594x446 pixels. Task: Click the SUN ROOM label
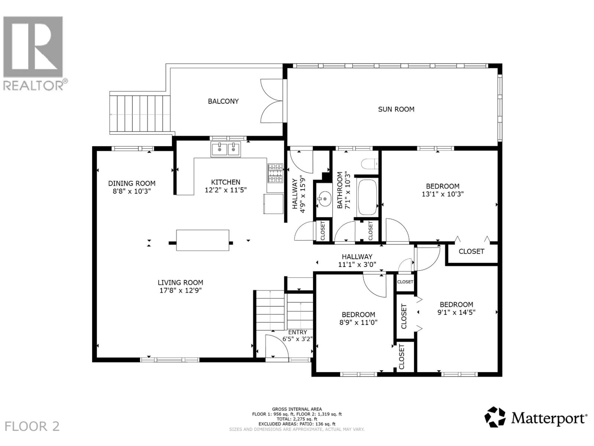(396, 109)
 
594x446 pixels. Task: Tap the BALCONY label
(223, 101)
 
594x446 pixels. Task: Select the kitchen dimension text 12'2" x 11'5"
(226, 190)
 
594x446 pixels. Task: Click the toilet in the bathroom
(369, 164)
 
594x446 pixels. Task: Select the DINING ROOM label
(132, 183)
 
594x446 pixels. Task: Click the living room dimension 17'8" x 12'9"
(181, 290)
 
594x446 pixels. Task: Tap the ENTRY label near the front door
(297, 332)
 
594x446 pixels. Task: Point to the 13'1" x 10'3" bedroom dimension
(443, 194)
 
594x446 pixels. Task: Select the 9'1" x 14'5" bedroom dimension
(456, 312)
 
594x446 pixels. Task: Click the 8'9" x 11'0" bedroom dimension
(358, 322)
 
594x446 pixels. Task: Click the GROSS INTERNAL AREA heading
(297, 409)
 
